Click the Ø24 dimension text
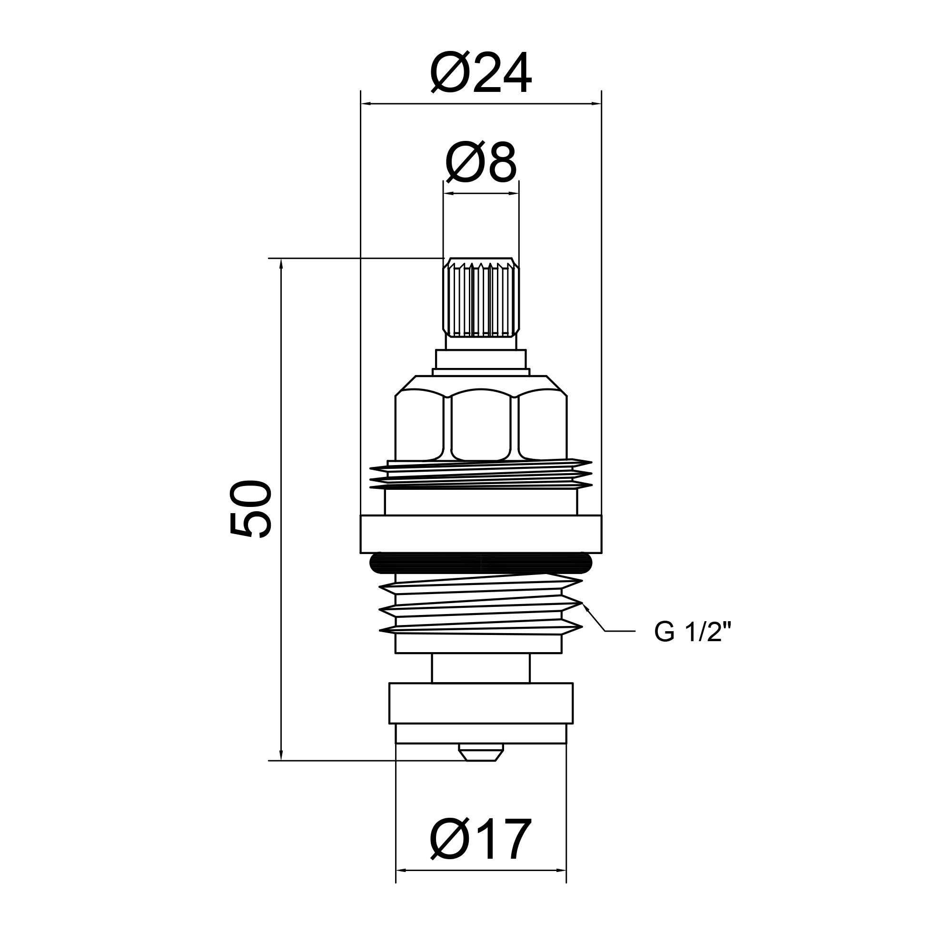click(x=481, y=74)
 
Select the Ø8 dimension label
click(x=481, y=163)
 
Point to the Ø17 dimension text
click(x=481, y=842)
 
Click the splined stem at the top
click(x=481, y=298)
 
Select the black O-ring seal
click(x=481, y=563)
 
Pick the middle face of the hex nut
click(x=481, y=425)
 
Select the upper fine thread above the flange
click(x=481, y=476)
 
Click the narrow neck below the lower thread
click(x=481, y=668)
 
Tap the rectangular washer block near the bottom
click(x=481, y=703)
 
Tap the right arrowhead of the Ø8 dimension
click(x=515, y=194)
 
